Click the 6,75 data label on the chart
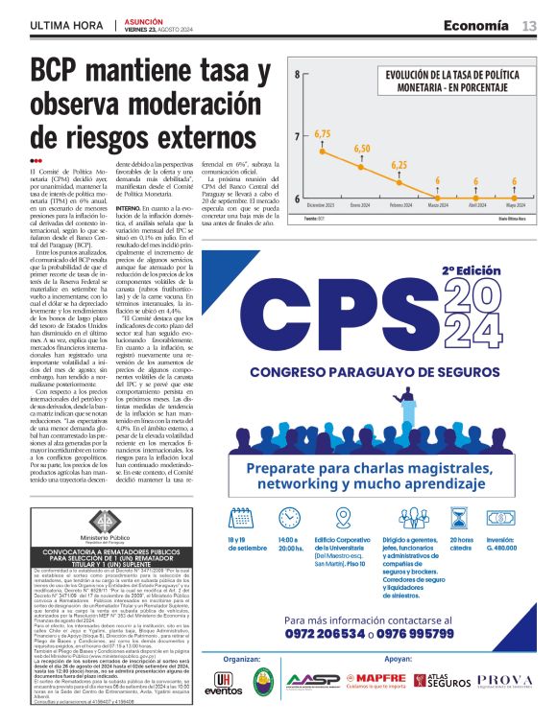coord(322,133)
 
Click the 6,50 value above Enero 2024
coord(361,149)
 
